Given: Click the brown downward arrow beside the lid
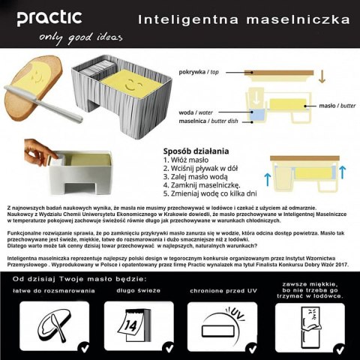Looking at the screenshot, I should point(322,76).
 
